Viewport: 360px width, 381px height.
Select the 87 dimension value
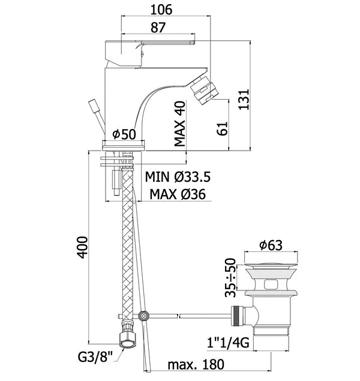pos(158,28)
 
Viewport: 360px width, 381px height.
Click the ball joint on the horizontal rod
pos(143,315)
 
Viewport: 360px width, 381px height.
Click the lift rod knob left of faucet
pos(95,108)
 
